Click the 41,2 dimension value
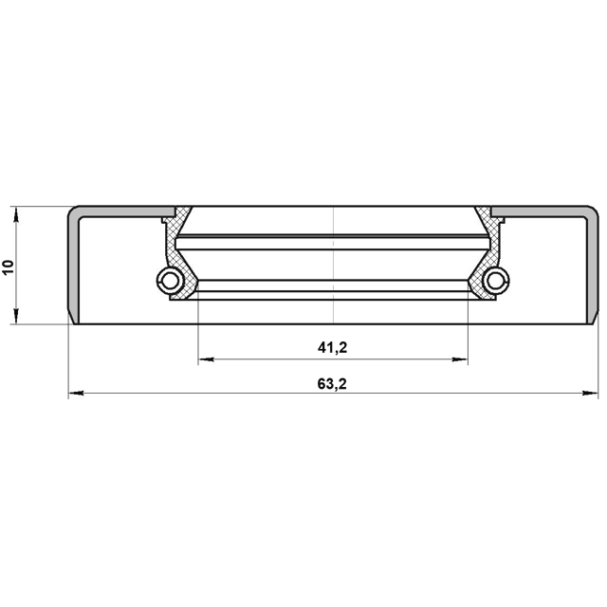(x=332, y=348)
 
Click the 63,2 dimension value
(x=332, y=384)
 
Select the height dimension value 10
(x=9, y=267)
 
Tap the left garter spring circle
(x=170, y=281)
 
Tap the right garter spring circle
(x=496, y=281)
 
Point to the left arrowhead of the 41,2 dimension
(x=206, y=359)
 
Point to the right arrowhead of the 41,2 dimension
(x=459, y=359)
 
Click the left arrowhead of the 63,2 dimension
(x=76, y=394)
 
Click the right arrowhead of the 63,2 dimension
(x=590, y=394)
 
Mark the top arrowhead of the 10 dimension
(x=15, y=215)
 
